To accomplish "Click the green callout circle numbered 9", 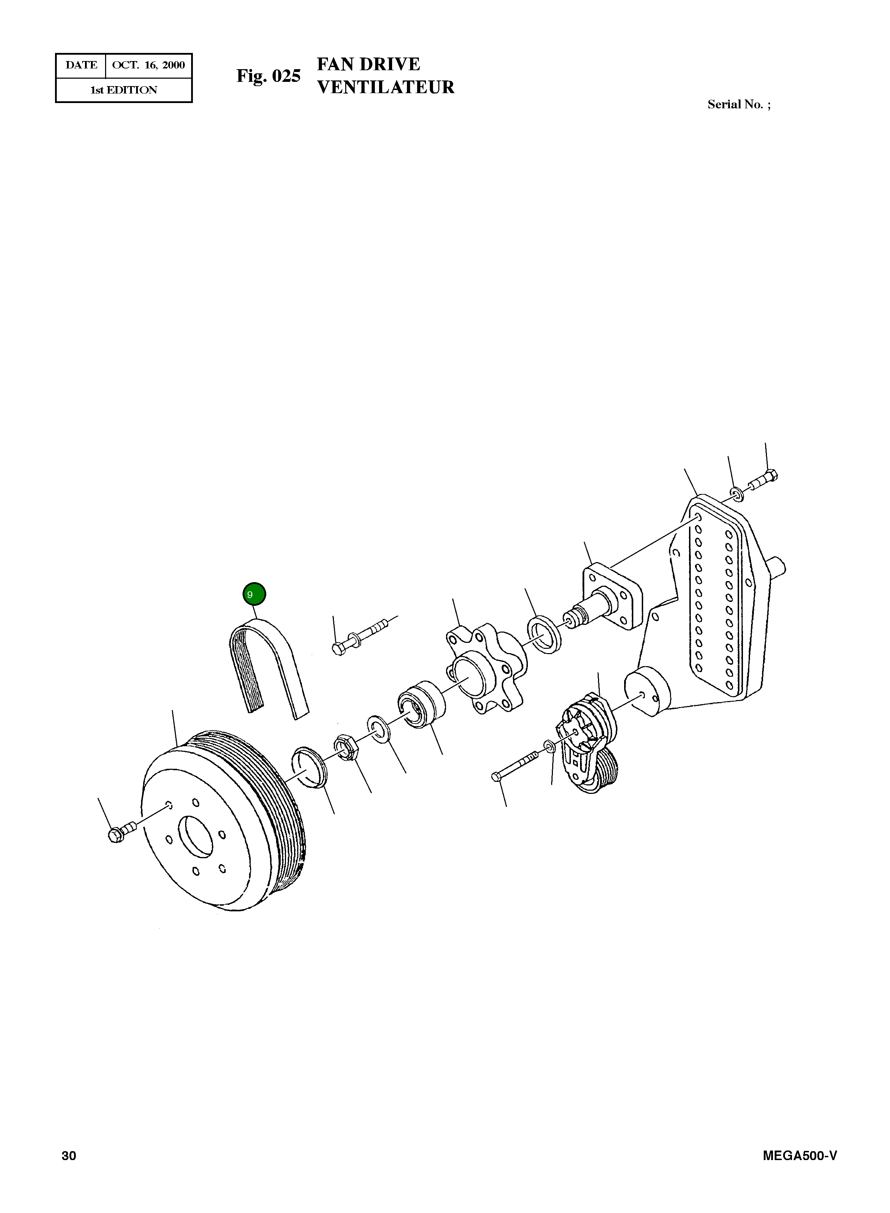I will point(254,595).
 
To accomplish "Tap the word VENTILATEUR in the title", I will point(386,87).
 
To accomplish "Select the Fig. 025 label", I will point(268,76).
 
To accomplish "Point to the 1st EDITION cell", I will point(123,90).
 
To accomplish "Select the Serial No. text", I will point(739,104).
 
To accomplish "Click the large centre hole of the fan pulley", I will point(196,837).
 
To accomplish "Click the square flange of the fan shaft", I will point(611,596).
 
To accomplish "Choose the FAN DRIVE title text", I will point(368,64).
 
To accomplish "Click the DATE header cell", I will point(81,65).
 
